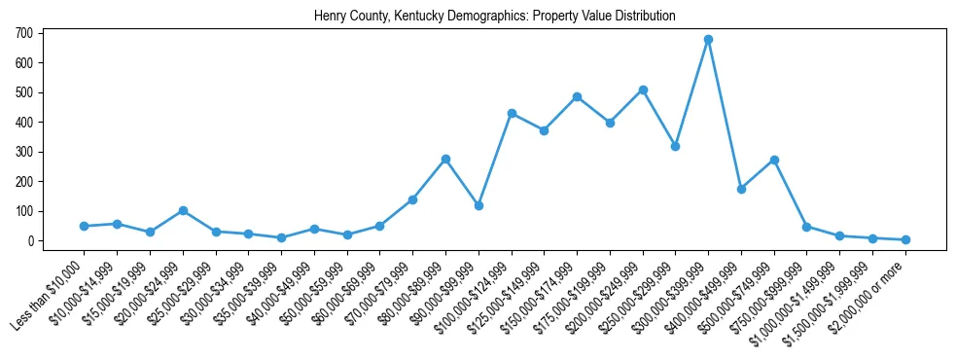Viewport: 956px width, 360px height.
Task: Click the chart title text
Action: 494,17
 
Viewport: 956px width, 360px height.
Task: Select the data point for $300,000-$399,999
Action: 708,40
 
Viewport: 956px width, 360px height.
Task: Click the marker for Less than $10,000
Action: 84,226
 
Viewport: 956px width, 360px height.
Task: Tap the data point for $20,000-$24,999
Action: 183,210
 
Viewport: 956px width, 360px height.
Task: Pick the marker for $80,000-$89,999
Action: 445,159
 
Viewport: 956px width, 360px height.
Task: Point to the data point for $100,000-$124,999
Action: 512,113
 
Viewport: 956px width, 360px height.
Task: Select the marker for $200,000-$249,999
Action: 643,90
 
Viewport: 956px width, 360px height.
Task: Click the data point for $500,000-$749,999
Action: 774,160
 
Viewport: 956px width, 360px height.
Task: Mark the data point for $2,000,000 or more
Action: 905,239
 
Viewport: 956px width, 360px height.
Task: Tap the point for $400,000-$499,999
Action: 741,189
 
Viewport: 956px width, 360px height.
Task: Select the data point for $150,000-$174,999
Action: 577,97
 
